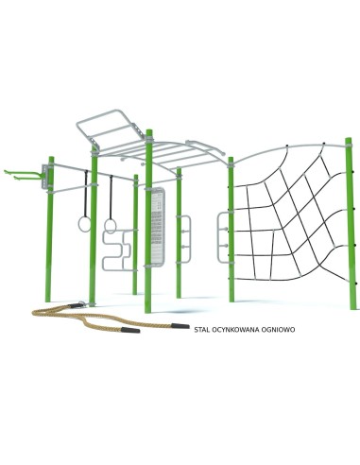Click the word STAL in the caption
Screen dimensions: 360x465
pos(201,330)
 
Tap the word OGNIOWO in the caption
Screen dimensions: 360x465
pos(279,330)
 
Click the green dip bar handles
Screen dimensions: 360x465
pos(22,175)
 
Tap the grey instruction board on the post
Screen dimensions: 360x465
pos(158,227)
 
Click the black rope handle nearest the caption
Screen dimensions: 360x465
pos(180,326)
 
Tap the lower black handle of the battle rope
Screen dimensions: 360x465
pos(130,330)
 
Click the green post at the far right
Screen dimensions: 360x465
pos(351,224)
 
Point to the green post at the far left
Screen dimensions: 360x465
pos(49,230)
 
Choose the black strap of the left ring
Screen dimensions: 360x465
pos(86,194)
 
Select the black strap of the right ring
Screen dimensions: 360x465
pos(111,198)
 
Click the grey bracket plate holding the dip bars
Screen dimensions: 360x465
pos(45,177)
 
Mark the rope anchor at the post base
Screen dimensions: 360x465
pos(82,303)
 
